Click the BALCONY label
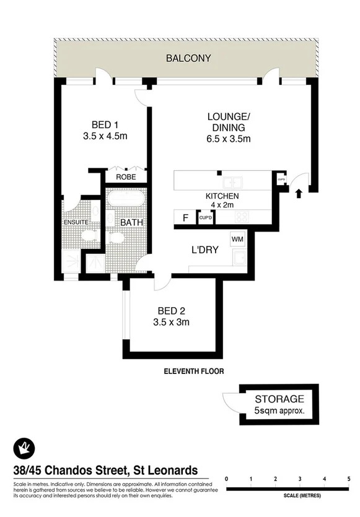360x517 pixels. (x=189, y=59)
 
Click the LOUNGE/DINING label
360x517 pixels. (x=229, y=121)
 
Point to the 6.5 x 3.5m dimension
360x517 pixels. (x=229, y=139)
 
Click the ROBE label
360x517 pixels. (x=126, y=176)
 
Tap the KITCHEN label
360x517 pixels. (x=222, y=196)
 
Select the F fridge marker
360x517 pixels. (x=184, y=217)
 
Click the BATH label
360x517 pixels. (x=132, y=222)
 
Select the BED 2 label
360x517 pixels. (x=171, y=311)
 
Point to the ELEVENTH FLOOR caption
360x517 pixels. (x=193, y=371)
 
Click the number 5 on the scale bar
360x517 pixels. (x=349, y=479)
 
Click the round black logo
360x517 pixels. (x=23, y=448)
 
